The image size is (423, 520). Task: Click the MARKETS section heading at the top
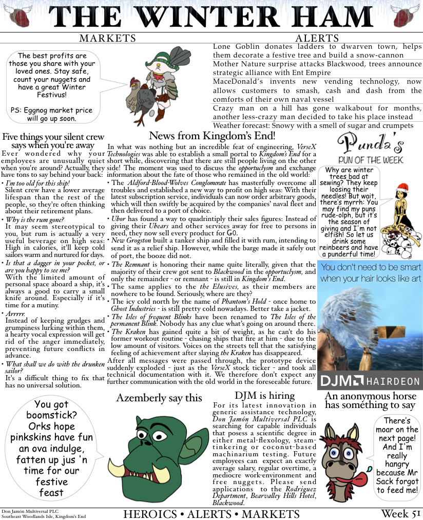[x=108, y=39]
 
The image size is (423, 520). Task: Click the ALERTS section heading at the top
[x=317, y=39]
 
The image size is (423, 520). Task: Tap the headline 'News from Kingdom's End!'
[x=212, y=136]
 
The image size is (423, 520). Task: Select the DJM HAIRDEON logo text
[x=370, y=381]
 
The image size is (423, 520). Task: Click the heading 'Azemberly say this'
[x=159, y=398]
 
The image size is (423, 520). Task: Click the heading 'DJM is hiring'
[x=264, y=396]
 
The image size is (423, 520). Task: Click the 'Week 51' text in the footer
[x=400, y=513]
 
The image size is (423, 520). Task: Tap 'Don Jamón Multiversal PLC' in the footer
[x=27, y=511]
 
